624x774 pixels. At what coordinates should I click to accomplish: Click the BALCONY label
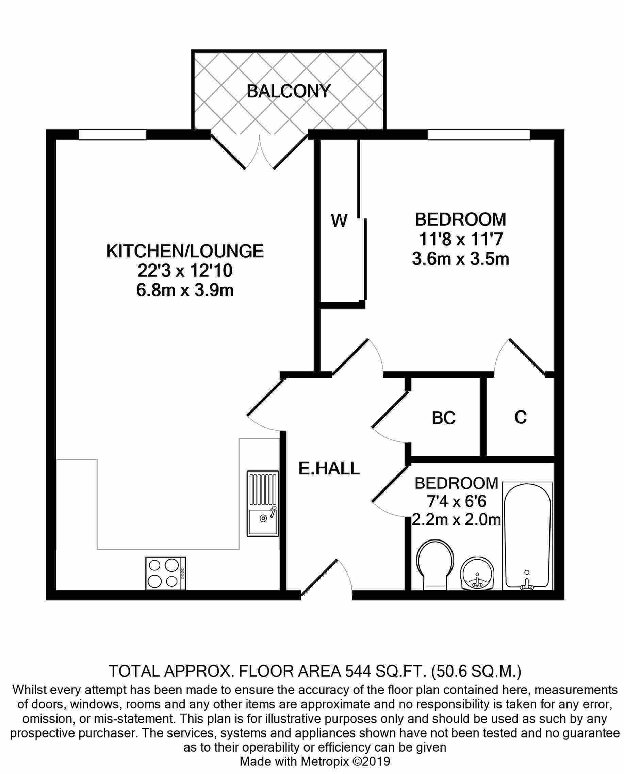click(288, 91)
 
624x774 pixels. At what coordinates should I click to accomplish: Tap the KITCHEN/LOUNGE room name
click(185, 251)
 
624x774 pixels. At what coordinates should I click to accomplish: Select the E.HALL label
click(329, 468)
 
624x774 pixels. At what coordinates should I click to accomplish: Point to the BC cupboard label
click(444, 418)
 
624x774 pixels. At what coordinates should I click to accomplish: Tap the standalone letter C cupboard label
click(521, 417)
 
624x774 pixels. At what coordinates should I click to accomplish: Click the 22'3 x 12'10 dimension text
click(185, 271)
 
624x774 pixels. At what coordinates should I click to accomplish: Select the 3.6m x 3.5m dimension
click(460, 259)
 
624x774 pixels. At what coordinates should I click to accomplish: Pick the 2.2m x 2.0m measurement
click(456, 520)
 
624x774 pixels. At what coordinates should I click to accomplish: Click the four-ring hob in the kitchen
click(166, 574)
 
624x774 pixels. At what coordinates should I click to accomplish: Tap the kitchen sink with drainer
click(263, 504)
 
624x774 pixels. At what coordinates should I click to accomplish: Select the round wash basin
click(477, 574)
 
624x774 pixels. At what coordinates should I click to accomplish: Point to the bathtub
click(527, 536)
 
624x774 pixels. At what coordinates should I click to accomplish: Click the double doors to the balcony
click(260, 151)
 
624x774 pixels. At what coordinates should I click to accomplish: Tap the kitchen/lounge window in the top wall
click(113, 134)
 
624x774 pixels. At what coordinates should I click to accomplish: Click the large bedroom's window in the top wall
click(478, 134)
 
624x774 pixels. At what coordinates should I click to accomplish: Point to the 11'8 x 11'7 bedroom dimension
click(460, 239)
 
